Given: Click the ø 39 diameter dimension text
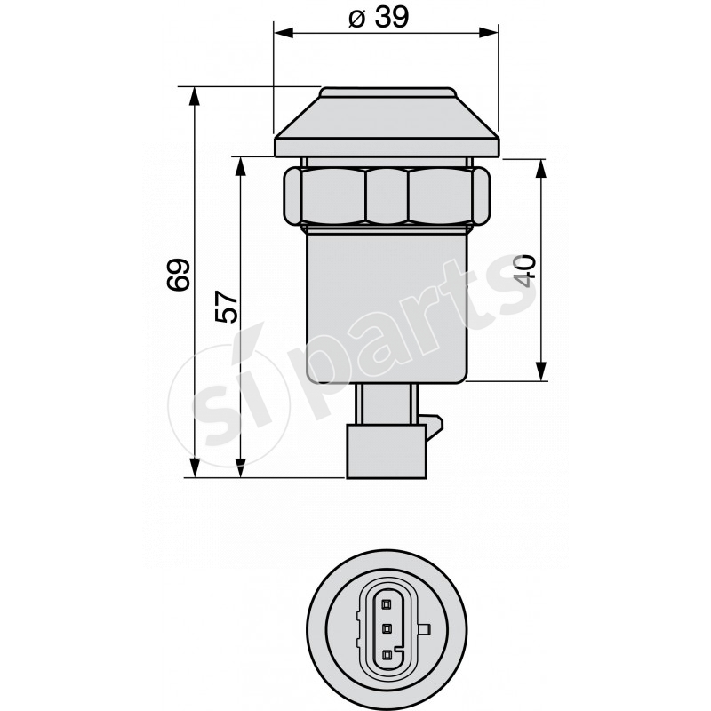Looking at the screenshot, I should pos(379,17).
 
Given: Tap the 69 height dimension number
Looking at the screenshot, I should pos(179,276).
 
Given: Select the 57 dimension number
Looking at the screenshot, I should pos(227,307).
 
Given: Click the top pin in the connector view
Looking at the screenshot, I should pos(386,603).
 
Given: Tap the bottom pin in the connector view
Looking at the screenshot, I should pos(386,656).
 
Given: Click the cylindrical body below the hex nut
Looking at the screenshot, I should pos(386,302).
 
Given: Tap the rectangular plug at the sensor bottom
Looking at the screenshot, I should pos(386,451).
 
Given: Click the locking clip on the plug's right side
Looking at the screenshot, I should pos(434,427).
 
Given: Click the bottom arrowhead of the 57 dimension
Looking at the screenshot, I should pos(239,467).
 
